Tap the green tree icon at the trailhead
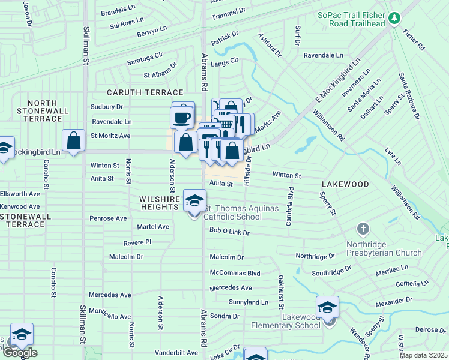394,19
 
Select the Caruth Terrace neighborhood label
145,92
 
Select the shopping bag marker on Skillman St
73,142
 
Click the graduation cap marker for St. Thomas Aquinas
194,200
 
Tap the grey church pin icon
363,229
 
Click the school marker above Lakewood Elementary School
327,307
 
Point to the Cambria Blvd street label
289,206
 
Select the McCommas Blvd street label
235,273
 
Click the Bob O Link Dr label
229,231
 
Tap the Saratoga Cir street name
145,55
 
